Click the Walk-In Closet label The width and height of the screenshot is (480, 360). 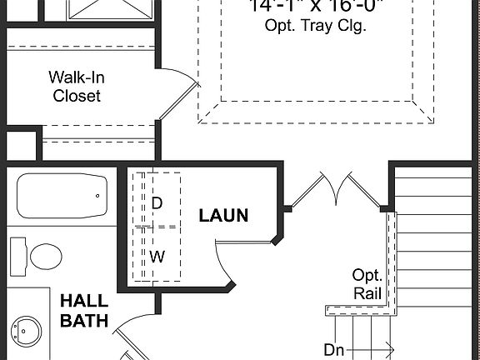[x=77, y=87]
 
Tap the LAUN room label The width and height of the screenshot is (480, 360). [x=223, y=216]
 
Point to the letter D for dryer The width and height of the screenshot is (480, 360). [x=157, y=202]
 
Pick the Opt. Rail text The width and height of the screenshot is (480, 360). [x=367, y=283]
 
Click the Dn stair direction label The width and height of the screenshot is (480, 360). [x=334, y=350]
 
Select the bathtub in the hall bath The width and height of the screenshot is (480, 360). [x=62, y=197]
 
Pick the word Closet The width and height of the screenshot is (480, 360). [x=77, y=96]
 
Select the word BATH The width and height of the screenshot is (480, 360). [x=82, y=320]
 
